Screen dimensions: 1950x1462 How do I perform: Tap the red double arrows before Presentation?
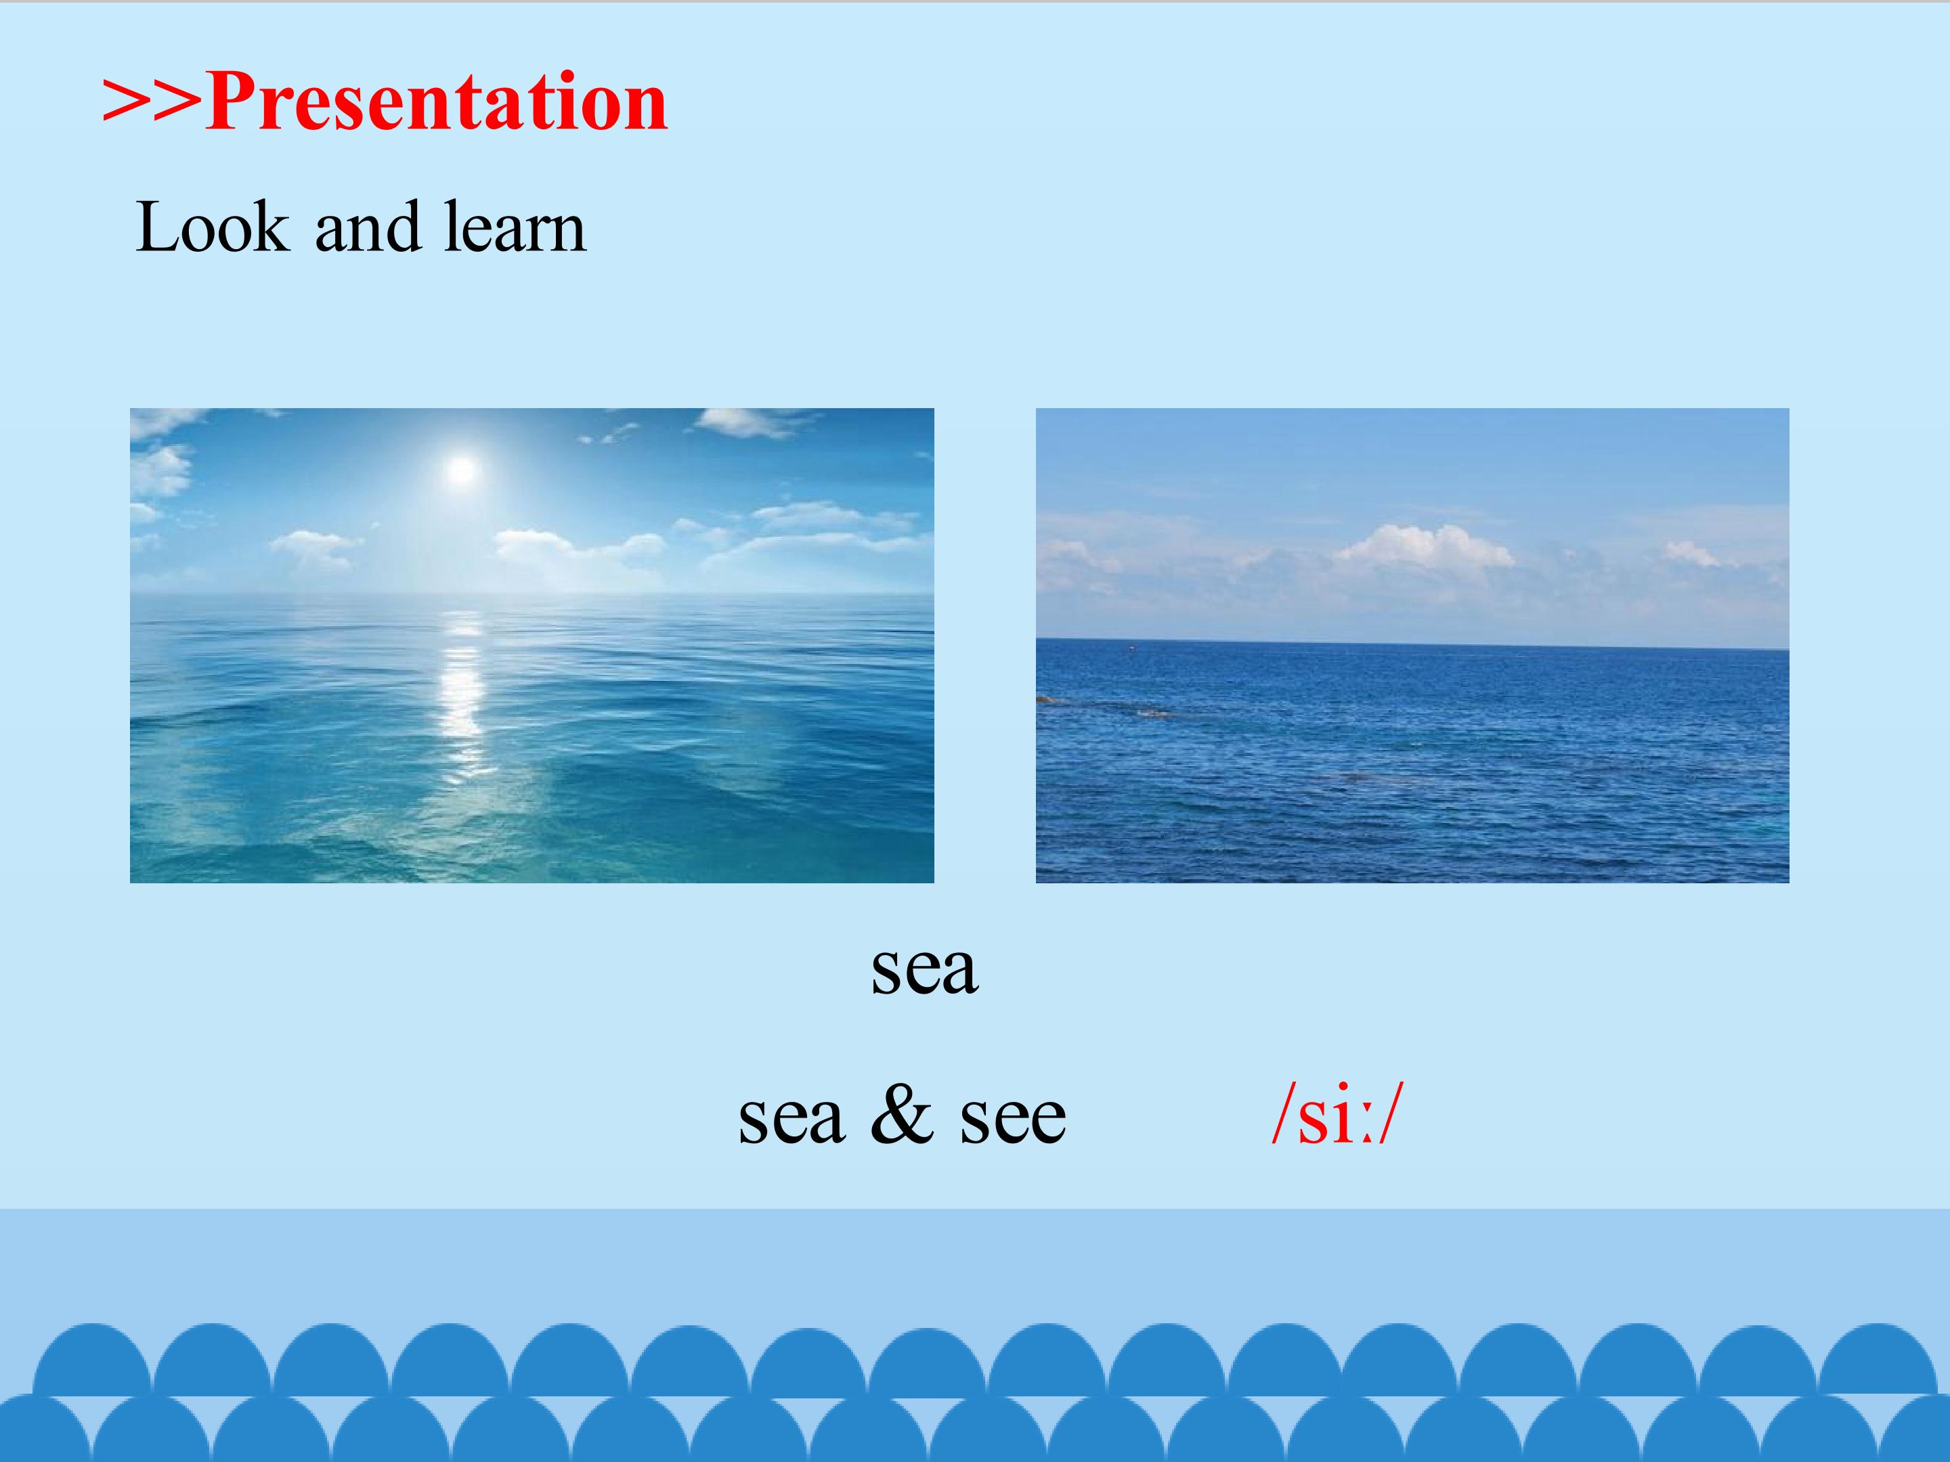152,102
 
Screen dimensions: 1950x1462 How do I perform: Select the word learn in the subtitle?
515,228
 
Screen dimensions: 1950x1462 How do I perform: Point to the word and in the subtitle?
367,228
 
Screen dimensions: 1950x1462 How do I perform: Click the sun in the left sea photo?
462,470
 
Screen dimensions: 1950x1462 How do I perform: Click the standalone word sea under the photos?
925,970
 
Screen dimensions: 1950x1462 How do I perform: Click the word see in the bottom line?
1013,1120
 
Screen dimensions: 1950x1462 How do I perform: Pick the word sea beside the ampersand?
792,1120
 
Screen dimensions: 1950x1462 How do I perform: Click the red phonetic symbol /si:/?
1337,1115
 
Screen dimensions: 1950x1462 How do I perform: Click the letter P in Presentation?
231,102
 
